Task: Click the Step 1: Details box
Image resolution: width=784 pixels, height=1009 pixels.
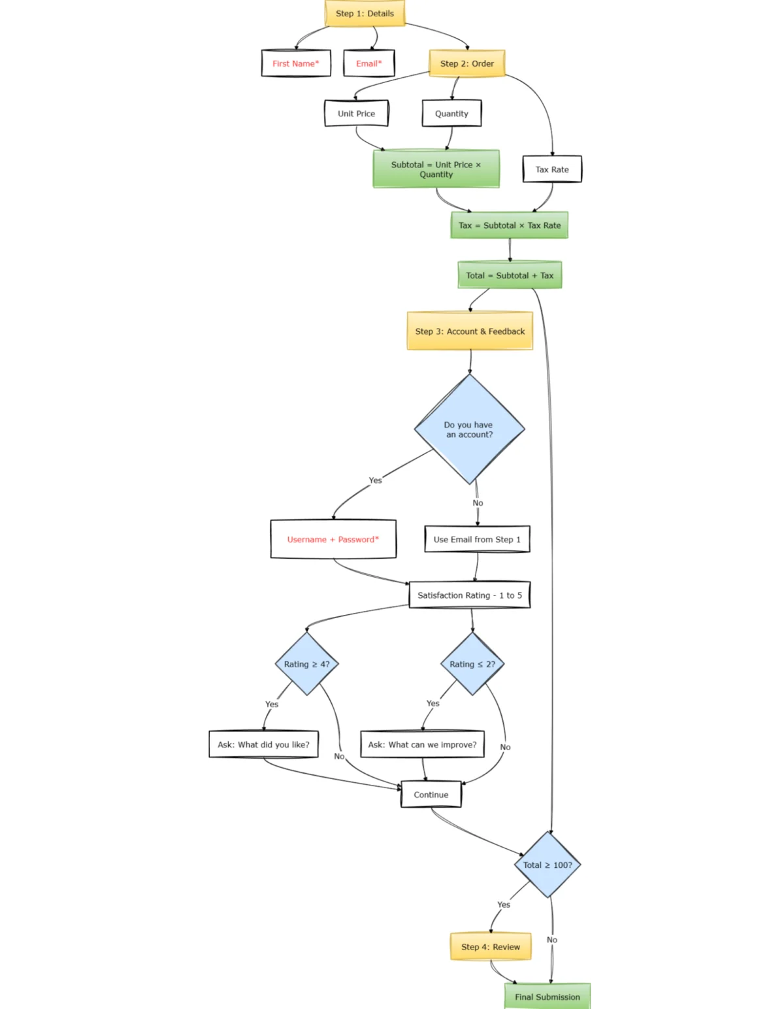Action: pos(365,13)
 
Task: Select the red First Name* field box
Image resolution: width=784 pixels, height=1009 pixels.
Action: pos(296,63)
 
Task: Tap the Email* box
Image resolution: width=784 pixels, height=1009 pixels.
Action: pos(368,63)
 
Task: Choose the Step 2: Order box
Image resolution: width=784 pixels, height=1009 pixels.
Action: pos(466,63)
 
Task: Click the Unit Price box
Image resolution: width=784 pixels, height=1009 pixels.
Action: pos(356,113)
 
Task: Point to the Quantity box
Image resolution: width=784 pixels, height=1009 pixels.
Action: pos(451,113)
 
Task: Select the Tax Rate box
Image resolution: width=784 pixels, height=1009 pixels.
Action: pos(552,169)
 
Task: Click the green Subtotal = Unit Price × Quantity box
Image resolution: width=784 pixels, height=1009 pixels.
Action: pos(436,169)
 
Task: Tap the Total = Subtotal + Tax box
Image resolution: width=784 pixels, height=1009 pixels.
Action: pos(510,275)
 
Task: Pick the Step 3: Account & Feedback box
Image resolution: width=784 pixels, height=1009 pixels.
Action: pos(470,331)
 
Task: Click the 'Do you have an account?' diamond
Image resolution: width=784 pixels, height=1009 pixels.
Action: pos(469,429)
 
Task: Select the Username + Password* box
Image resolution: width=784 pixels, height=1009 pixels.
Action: pos(333,539)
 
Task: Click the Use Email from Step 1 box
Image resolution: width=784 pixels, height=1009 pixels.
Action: pos(477,539)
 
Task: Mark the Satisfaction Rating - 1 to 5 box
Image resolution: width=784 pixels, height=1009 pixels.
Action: pos(469,595)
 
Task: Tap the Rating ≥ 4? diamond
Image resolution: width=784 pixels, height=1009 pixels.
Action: pos(306,664)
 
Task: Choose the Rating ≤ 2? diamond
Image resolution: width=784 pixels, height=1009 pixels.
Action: pos(472,664)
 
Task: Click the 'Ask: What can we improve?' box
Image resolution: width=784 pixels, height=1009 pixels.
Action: pos(422,744)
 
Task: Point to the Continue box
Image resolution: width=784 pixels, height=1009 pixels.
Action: pos(431,795)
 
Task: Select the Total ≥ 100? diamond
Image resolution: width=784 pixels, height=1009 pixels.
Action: pos(547,865)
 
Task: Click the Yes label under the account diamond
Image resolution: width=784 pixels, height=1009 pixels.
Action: pos(375,480)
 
